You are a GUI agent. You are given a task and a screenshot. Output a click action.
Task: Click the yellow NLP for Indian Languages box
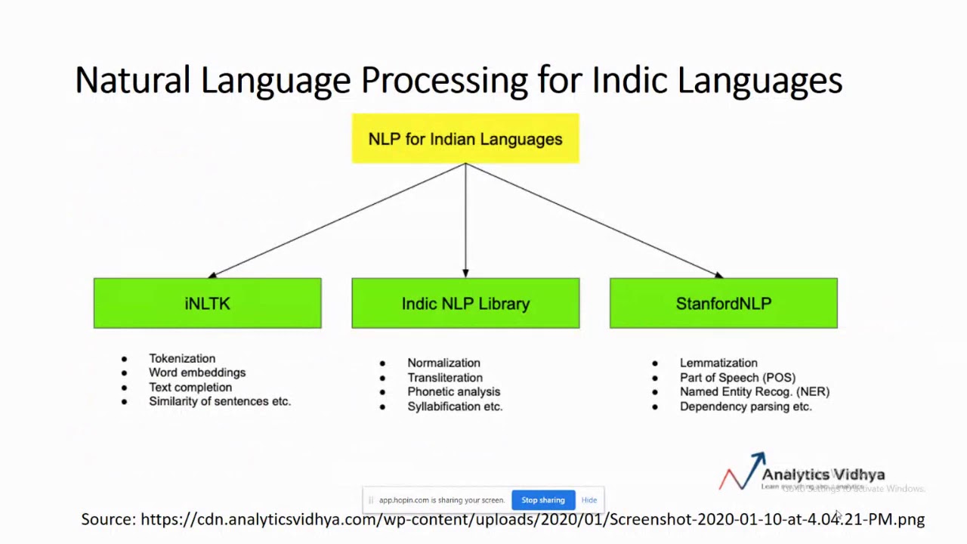pos(465,139)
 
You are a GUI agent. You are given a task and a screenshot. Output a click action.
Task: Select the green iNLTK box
pos(208,304)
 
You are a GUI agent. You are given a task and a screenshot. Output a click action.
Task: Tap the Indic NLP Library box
pos(465,304)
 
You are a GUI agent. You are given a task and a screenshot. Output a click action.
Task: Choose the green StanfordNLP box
pos(723,304)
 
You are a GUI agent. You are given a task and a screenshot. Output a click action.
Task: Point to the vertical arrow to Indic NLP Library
pos(465,220)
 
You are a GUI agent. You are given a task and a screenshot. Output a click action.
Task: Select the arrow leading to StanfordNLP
pos(594,220)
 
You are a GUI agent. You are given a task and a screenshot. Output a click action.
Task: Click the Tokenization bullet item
pos(182,359)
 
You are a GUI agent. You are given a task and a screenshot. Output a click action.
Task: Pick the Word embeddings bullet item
pos(197,372)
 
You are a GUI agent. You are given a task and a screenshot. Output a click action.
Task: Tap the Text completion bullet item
pos(190,387)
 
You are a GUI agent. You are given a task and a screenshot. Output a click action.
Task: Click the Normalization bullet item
pos(443,363)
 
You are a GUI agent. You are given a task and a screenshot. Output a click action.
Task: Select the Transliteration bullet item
pos(445,378)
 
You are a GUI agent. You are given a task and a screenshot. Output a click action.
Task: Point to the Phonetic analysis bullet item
pos(453,392)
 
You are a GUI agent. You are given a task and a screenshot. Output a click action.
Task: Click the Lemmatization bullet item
pos(718,363)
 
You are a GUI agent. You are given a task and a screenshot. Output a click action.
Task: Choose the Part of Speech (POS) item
pos(737,378)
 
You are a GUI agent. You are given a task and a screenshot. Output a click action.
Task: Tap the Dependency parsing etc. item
pos(746,406)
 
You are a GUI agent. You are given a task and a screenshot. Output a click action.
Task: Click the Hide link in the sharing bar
pos(589,500)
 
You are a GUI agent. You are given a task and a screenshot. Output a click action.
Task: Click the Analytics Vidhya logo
pos(802,473)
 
